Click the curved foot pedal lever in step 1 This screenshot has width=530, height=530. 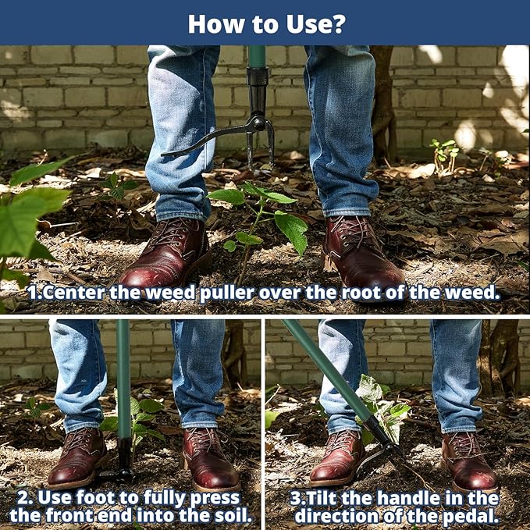pos(209,137)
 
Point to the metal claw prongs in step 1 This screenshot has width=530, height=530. pos(260,145)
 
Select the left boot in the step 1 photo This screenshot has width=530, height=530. pos(166,253)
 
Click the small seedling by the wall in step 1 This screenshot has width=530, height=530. pos(444,156)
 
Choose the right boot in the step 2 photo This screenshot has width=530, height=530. pos(210,459)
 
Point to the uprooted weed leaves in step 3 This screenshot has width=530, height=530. pos(382,406)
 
